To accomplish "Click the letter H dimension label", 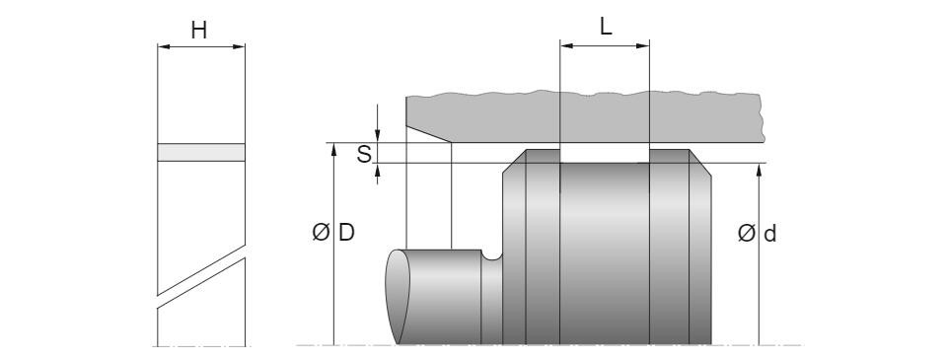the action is [x=198, y=30].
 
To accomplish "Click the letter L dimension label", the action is [x=606, y=27].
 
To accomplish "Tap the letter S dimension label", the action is [x=364, y=154].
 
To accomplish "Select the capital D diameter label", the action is [x=346, y=233].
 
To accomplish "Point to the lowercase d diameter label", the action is [x=769, y=233].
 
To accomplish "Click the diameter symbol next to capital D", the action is [x=322, y=233].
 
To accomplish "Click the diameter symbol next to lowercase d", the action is [x=747, y=233].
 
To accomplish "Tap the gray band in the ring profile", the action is [x=201, y=152].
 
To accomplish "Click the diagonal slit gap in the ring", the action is [x=201, y=276].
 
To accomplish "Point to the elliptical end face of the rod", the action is [x=398, y=296].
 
